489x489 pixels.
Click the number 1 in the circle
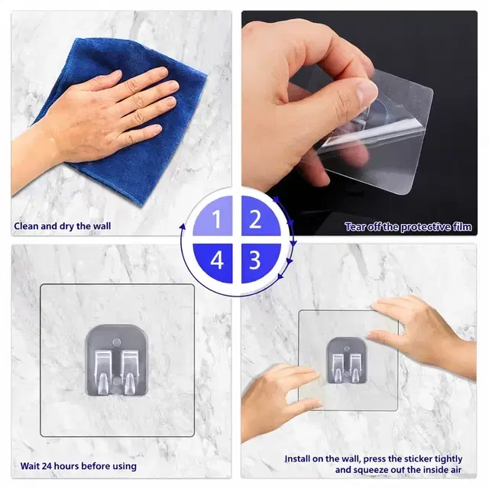tap(216, 219)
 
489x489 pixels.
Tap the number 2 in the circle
tap(255, 219)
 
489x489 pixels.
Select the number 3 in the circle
tap(254, 260)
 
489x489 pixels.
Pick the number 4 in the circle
tap(217, 260)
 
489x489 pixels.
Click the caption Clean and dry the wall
tap(63, 226)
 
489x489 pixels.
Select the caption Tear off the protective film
tap(408, 227)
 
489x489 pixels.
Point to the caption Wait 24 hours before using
tap(78, 466)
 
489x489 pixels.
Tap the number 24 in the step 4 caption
tap(47, 466)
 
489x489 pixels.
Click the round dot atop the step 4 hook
tap(117, 342)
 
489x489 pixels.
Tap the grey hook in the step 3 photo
tap(346, 360)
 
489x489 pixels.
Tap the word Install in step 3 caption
tap(299, 458)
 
